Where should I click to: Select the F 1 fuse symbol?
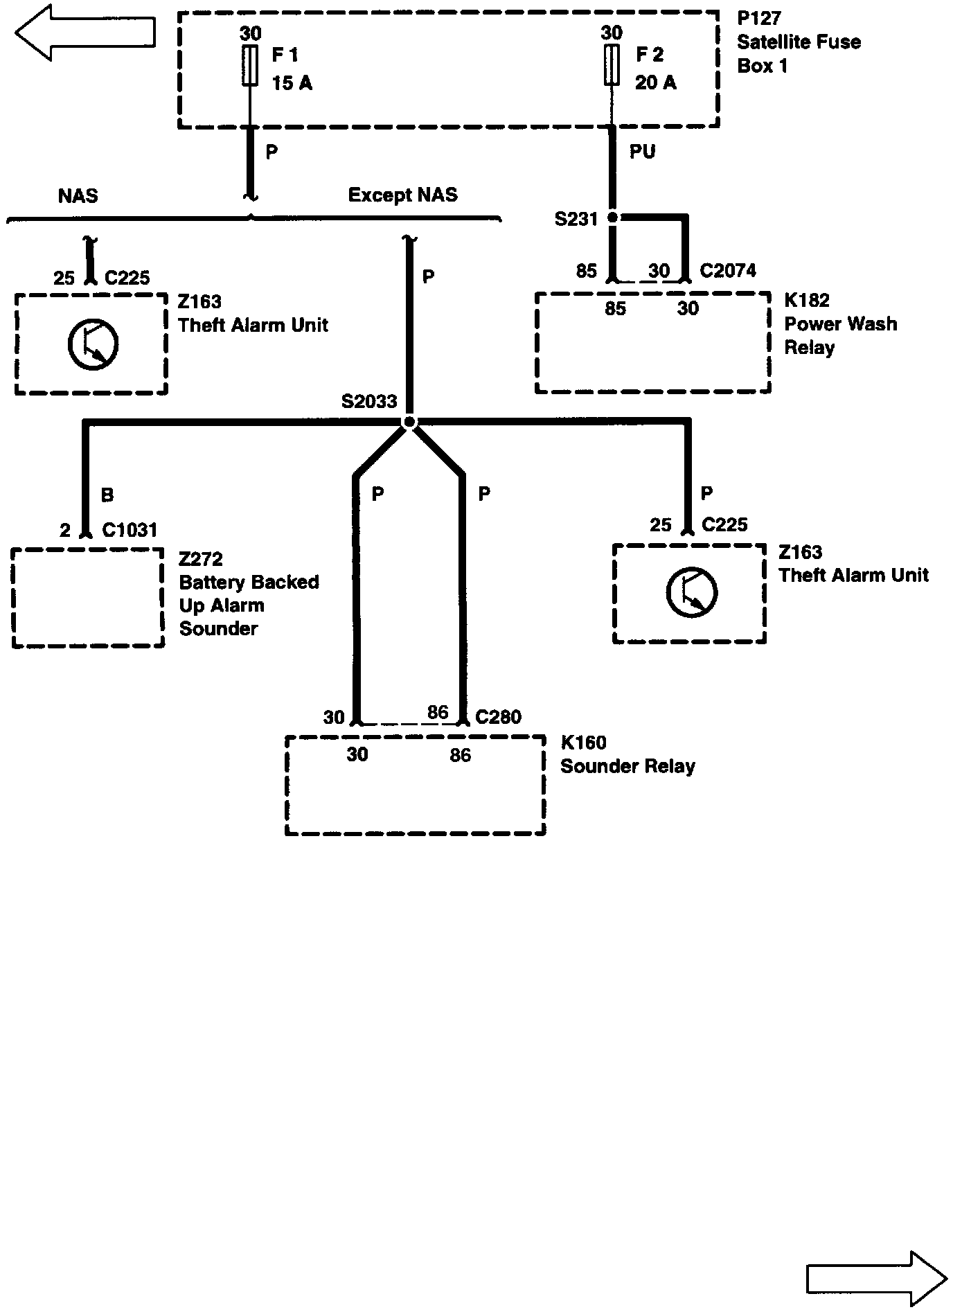pyautogui.click(x=250, y=66)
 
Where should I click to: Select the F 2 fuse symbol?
pyautogui.click(x=611, y=66)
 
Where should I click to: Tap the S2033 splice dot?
pyautogui.click(x=409, y=421)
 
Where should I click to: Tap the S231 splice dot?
pyautogui.click(x=612, y=218)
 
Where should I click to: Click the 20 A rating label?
pyautogui.click(x=655, y=83)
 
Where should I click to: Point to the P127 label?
pyautogui.click(x=759, y=19)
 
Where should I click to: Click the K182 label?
pyautogui.click(x=806, y=301)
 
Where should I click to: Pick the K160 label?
pyautogui.click(x=583, y=743)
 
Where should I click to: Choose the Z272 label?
pyautogui.click(x=200, y=559)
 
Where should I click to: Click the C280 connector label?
pyautogui.click(x=498, y=717)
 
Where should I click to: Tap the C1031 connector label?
pyautogui.click(x=130, y=531)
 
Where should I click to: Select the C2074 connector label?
pyautogui.click(x=727, y=271)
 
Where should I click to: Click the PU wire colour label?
pyautogui.click(x=642, y=152)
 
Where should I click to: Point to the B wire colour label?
pyautogui.click(x=107, y=495)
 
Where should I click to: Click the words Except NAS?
pyautogui.click(x=402, y=195)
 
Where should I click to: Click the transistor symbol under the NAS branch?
pyautogui.click(x=93, y=344)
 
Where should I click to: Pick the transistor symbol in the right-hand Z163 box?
pyautogui.click(x=691, y=594)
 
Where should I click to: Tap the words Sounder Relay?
pyautogui.click(x=627, y=767)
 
